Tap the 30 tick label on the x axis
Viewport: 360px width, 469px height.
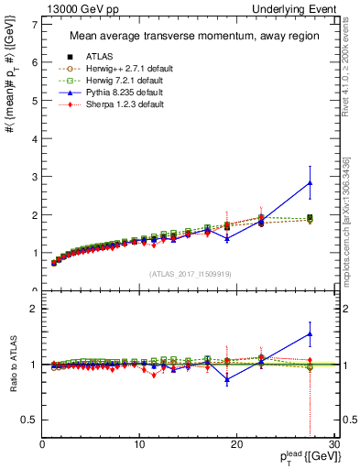tap(333, 445)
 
